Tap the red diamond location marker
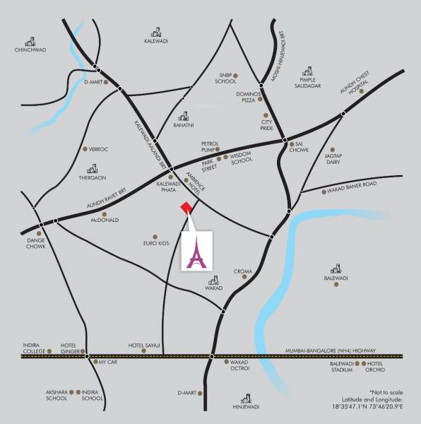coord(186,207)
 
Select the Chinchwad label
coord(30,50)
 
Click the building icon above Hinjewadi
coord(247,398)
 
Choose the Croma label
coord(242,271)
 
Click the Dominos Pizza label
coord(249,97)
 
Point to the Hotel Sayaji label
coord(143,346)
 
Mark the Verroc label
coord(97,149)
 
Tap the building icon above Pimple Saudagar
coord(307,71)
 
